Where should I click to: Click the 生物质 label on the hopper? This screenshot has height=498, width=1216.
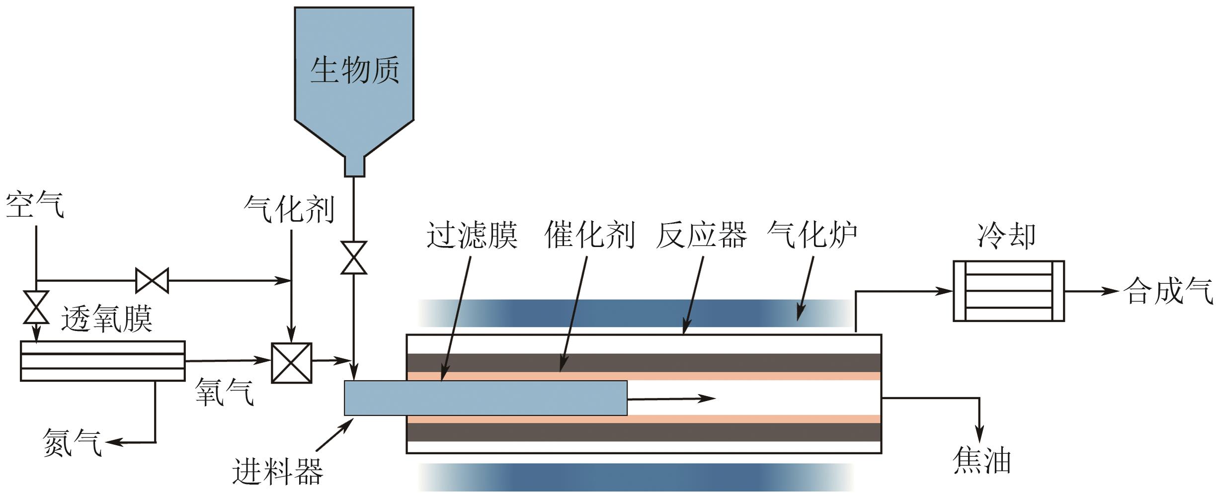click(x=354, y=70)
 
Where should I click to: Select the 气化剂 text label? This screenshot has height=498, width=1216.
click(x=289, y=209)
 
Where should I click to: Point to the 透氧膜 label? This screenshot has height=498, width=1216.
click(x=106, y=319)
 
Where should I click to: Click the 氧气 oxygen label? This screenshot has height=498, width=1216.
click(x=225, y=392)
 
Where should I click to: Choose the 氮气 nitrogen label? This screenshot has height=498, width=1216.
click(x=73, y=442)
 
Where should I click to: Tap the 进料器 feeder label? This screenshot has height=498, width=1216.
click(x=277, y=471)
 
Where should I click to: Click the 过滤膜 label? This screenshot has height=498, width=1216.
click(x=472, y=235)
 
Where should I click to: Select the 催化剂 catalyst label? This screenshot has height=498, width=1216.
click(x=590, y=235)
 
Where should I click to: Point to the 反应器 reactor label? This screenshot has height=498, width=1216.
click(x=701, y=235)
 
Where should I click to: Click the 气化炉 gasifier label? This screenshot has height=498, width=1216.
click(x=812, y=235)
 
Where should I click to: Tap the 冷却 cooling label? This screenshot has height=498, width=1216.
click(x=1007, y=236)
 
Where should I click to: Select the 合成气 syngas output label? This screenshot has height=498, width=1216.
click(x=1168, y=291)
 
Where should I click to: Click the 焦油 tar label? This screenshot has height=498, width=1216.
click(x=982, y=461)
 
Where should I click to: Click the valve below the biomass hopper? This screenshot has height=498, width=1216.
click(x=353, y=258)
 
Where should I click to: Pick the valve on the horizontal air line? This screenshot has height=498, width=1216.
click(x=152, y=281)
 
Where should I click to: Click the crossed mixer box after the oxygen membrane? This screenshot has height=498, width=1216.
click(x=292, y=363)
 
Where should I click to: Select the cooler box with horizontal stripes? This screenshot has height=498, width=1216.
click(x=1008, y=291)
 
